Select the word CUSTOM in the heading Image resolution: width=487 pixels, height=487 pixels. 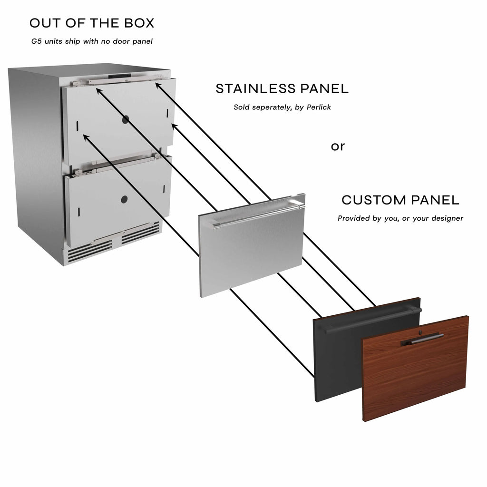tap(369, 200)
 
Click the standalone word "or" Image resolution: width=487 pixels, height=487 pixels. tap(338, 146)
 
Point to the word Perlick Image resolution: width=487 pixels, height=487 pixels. tap(319, 107)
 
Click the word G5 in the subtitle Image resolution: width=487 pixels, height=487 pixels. tap(36, 41)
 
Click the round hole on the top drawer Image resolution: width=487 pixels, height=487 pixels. tap(126, 119)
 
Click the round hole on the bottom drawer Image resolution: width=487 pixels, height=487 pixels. tap(124, 199)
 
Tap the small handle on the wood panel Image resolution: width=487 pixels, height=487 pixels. tap(422, 340)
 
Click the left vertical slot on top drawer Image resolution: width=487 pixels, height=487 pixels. tap(78, 126)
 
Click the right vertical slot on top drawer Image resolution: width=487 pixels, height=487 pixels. tap(167, 113)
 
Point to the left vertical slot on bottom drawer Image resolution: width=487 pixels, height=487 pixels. tap(78, 212)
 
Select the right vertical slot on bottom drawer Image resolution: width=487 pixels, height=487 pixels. tap(164, 189)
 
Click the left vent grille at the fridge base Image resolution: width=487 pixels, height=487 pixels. tap(90, 251)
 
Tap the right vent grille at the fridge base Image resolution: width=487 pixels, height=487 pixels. tap(140, 233)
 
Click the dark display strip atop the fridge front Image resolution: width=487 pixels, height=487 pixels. tap(119, 76)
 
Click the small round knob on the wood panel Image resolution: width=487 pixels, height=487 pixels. tap(420, 332)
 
